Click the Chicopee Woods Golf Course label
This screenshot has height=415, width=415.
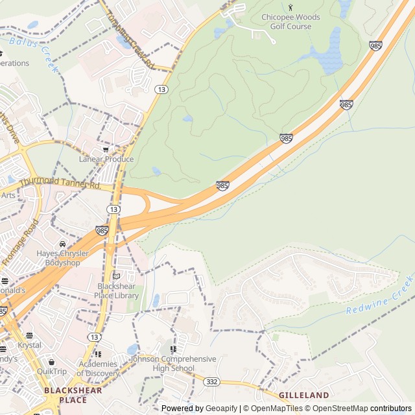286,21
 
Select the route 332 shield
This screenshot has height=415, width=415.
211,382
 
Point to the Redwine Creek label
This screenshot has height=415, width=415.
380,296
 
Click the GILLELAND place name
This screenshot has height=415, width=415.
303,394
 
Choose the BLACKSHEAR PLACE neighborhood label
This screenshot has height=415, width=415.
65,395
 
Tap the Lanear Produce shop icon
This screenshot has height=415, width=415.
106,149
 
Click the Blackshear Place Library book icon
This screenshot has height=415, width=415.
117,276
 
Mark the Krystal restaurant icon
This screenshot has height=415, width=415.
29,336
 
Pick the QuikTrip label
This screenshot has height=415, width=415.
52,372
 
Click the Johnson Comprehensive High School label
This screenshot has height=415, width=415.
173,363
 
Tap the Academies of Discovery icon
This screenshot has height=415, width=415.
98,354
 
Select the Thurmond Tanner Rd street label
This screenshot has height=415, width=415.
60,183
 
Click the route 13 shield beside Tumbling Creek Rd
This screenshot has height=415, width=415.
162,89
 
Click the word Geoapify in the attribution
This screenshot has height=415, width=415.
221,409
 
